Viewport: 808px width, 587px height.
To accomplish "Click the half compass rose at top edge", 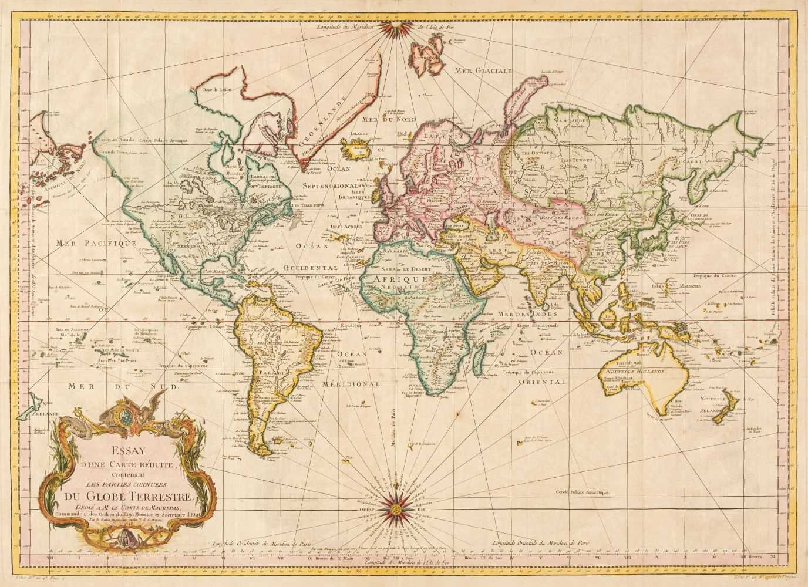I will click(403, 26).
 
